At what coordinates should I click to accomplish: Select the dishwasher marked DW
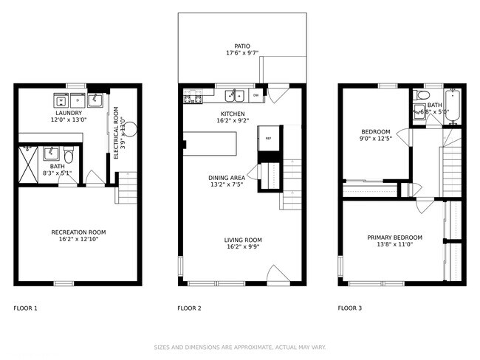point(256,95)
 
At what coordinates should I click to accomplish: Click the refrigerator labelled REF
point(268,138)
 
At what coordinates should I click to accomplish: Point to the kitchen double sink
point(236,95)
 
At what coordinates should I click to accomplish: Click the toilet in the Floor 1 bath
point(69,156)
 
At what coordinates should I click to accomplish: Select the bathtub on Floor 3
point(453,105)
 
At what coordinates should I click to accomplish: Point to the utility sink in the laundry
point(96,99)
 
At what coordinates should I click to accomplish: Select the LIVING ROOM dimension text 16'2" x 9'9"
point(243,247)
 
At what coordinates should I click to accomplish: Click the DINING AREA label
point(227,178)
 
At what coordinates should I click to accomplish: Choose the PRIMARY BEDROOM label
point(395,237)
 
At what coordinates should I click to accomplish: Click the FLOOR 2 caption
point(190,308)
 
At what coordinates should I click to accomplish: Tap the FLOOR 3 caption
point(349,308)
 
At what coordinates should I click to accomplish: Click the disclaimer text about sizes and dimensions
point(240,347)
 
